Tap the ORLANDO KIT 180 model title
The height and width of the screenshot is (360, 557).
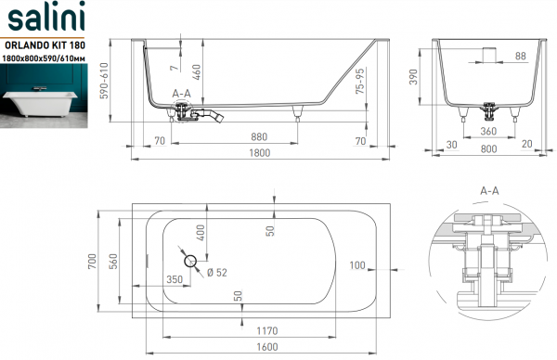tap(45, 45)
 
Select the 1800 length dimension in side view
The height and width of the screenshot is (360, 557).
tap(260, 153)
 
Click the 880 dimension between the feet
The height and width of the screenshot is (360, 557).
tap(259, 137)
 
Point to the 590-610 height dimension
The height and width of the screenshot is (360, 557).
tap(104, 81)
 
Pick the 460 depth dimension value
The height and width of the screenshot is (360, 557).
tap(196, 72)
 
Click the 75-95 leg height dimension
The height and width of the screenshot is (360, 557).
tap(360, 81)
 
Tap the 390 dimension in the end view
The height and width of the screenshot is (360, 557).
tap(413, 77)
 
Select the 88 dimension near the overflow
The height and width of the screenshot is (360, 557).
tap(521, 56)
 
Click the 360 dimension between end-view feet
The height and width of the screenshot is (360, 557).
tap(488, 131)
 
